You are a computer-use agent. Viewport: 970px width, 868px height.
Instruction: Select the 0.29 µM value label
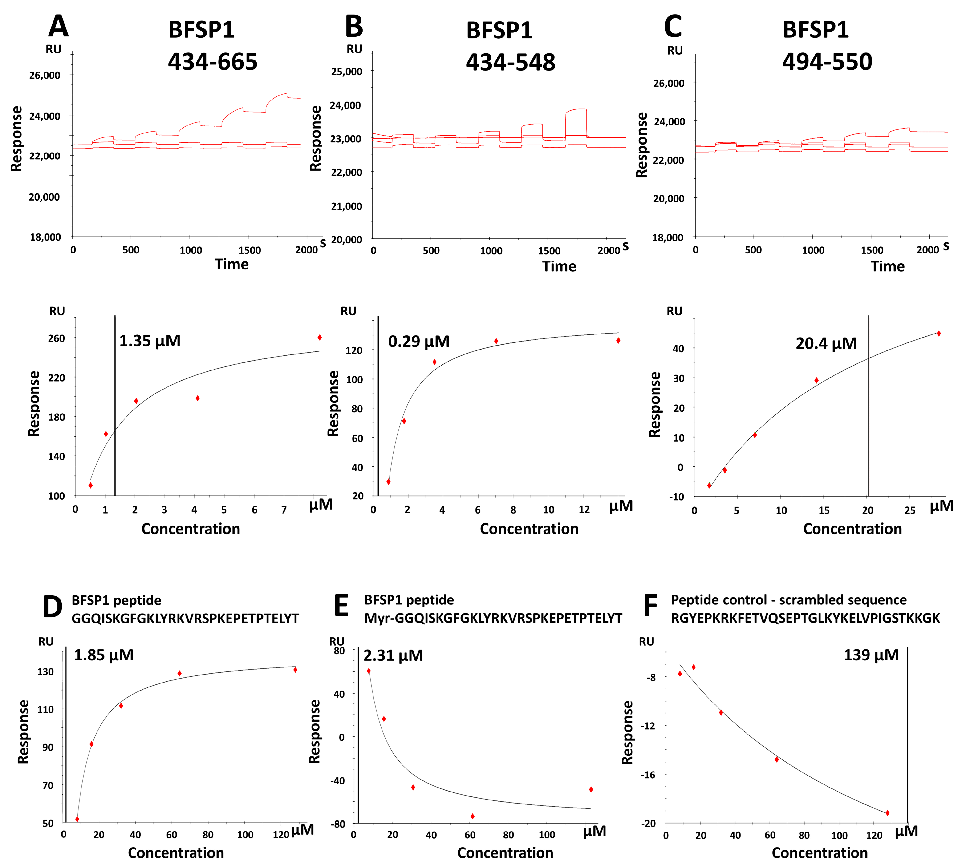click(418, 342)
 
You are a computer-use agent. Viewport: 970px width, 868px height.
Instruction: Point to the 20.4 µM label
click(826, 343)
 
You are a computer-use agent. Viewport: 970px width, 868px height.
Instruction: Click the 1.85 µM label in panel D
click(104, 655)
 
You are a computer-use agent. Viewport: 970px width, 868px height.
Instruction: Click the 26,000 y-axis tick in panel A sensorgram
click(45, 75)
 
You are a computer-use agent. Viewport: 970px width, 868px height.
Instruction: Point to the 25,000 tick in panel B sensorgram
click(346, 72)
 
